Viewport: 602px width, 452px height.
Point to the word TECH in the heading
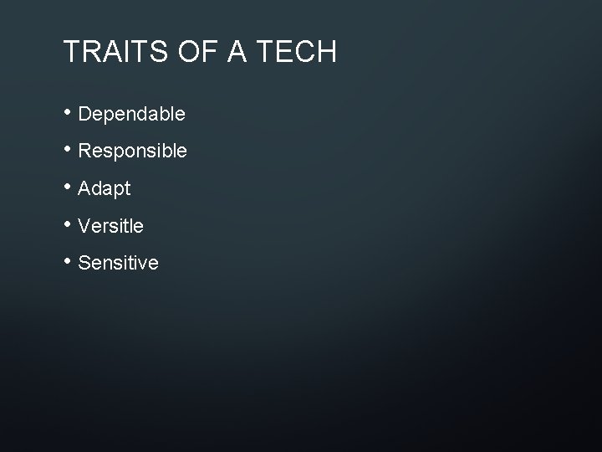coord(294,53)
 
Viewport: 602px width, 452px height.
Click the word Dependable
coord(131,114)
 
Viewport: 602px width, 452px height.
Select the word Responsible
coord(132,152)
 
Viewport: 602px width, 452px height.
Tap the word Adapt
coord(105,189)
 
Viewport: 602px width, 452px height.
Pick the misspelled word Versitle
coord(110,226)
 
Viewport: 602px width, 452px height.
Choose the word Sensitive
coord(118,264)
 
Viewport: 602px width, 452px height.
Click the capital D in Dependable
coord(84,113)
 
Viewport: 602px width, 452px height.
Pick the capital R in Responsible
coord(84,151)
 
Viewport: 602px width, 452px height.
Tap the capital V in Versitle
coord(84,226)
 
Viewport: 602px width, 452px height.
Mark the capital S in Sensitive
coord(84,264)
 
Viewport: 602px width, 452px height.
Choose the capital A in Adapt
coord(84,188)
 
